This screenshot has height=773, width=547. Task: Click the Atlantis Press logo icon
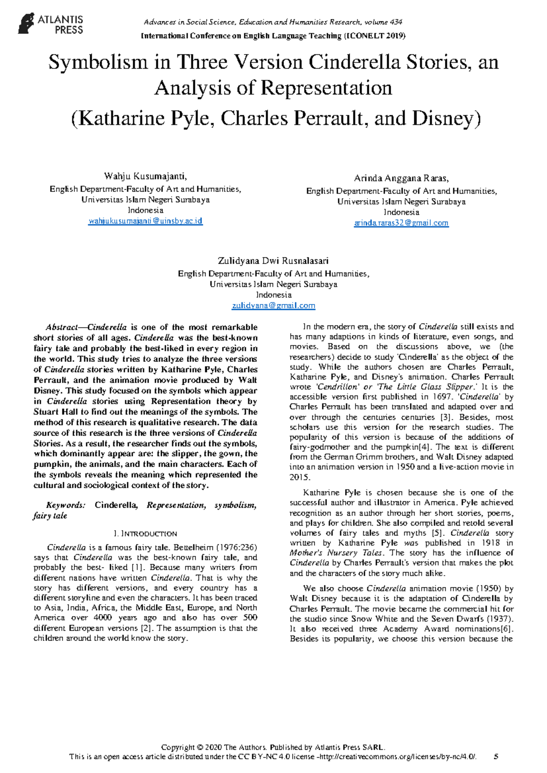click(26, 23)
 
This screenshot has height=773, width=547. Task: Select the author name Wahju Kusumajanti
click(145, 176)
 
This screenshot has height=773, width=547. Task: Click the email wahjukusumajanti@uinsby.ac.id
click(145, 221)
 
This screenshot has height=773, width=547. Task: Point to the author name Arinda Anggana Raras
click(401, 178)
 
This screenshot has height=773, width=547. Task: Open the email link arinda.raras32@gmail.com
click(401, 223)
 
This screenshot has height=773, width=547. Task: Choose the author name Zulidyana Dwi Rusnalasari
click(273, 261)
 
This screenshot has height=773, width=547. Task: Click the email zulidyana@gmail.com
click(273, 305)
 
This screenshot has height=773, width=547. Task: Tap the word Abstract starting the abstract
click(61, 327)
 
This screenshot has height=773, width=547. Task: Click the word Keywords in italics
click(65, 505)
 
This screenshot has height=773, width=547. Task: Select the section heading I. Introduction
click(145, 534)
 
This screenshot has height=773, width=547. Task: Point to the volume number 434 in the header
click(396, 22)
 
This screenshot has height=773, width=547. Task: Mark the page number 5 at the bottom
click(496, 757)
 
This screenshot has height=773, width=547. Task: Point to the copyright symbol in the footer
click(200, 747)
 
